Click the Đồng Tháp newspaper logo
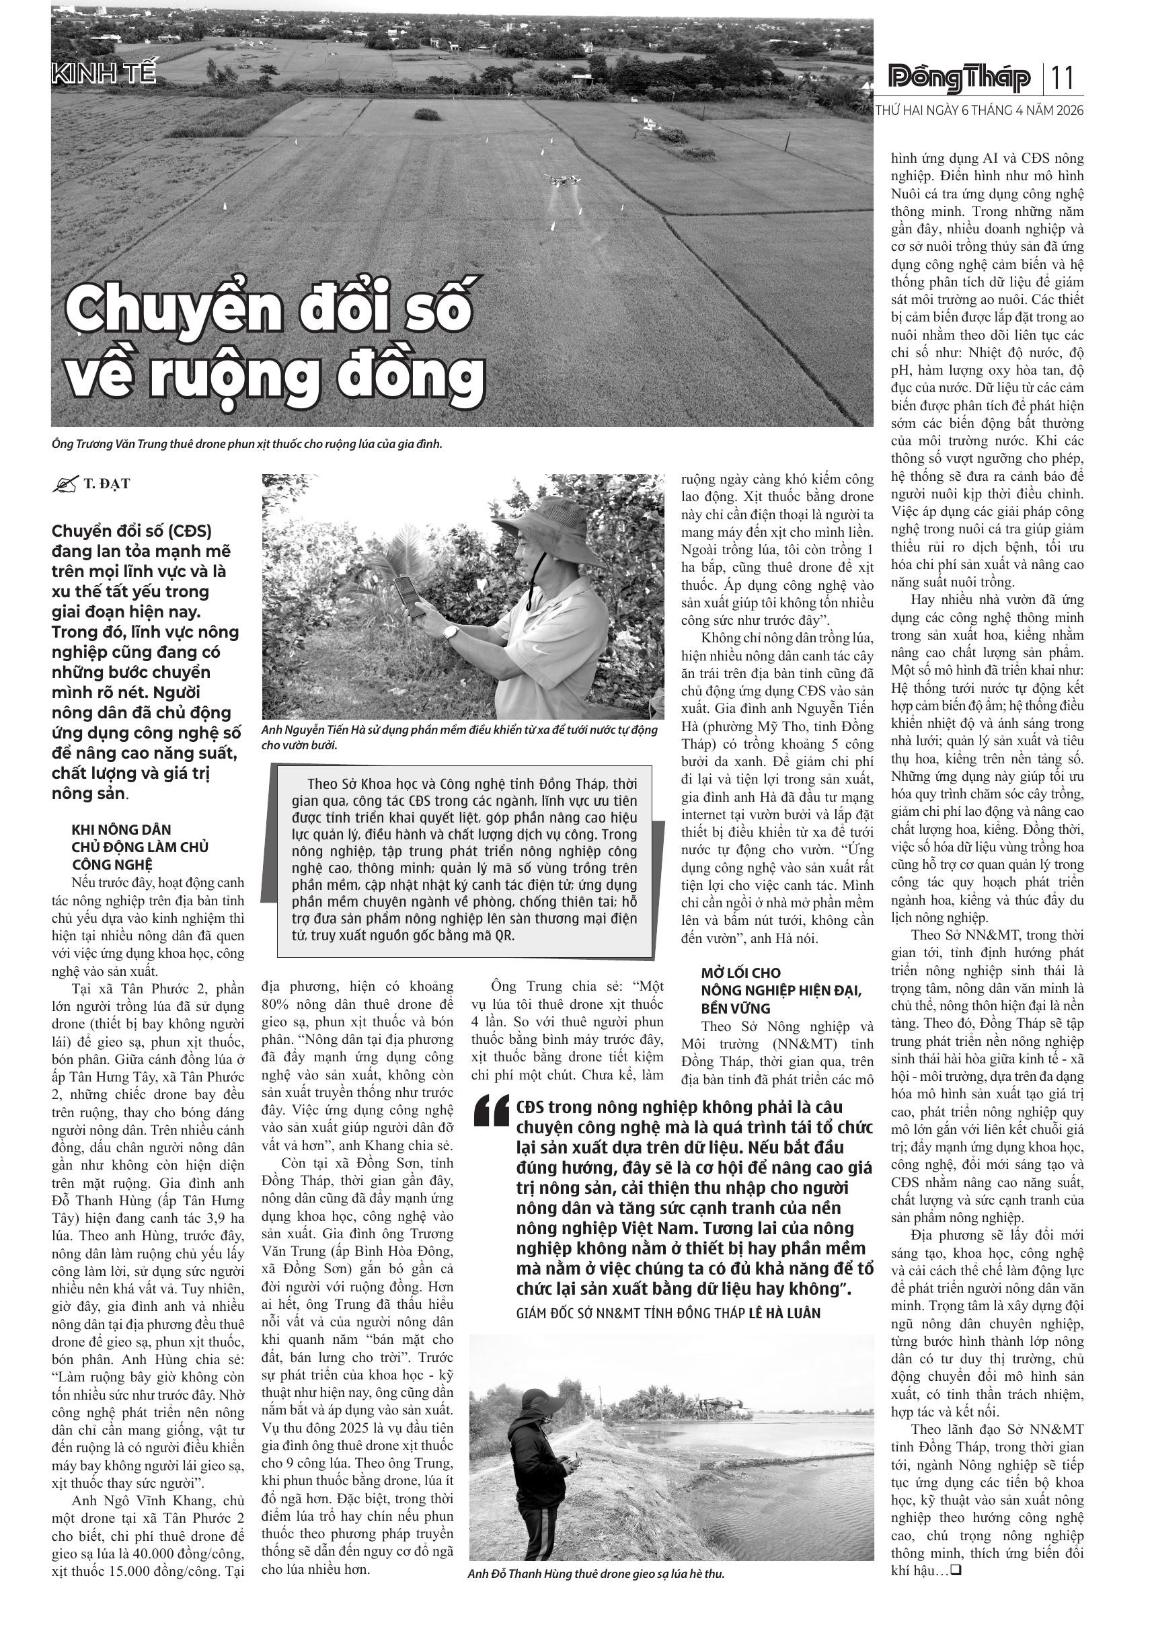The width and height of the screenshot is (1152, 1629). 960,78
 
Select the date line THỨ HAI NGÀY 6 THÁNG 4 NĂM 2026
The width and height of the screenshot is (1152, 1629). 979,112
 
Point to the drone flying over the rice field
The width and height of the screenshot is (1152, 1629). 562,181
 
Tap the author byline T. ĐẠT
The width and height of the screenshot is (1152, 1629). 106,484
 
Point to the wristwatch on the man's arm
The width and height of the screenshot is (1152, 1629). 450,631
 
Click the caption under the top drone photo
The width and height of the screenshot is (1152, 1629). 247,444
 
